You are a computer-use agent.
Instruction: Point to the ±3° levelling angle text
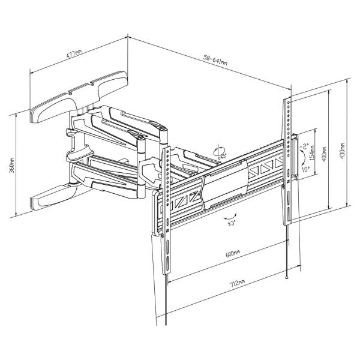point(230,224)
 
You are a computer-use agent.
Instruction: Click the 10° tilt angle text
point(305,169)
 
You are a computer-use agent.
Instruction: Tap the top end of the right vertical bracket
point(287,101)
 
